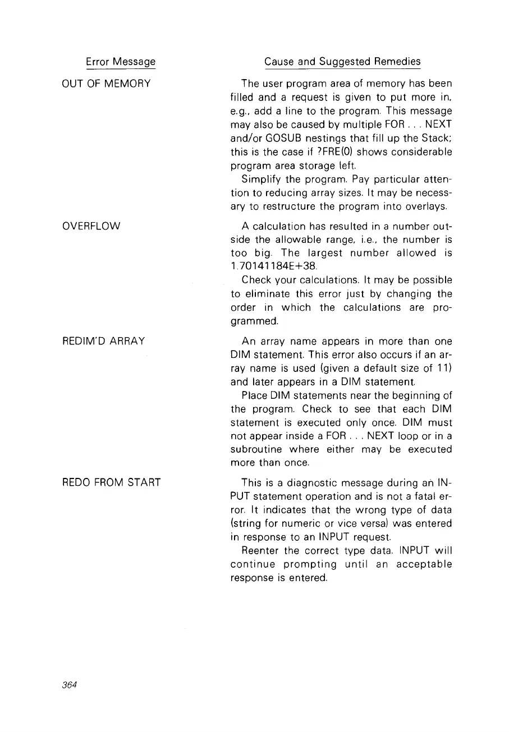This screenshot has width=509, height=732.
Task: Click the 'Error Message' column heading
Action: [121, 61]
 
